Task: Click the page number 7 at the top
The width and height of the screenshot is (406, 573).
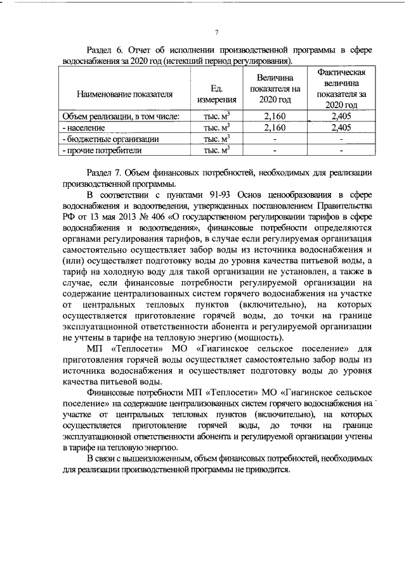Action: coord(216,33)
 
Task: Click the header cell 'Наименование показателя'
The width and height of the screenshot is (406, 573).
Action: coord(124,94)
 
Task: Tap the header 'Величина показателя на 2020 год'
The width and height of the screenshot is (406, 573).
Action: coord(275,89)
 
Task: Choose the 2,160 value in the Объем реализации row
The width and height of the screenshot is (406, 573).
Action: coord(275,116)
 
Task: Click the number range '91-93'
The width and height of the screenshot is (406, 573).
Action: coord(218,194)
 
